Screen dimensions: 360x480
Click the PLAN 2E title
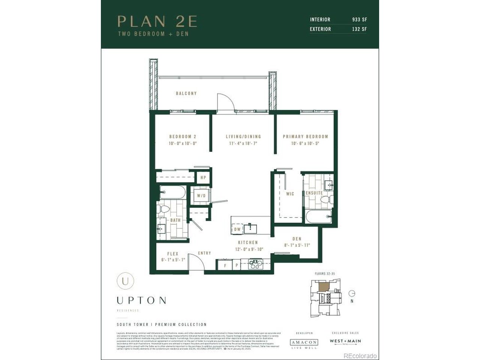click(x=157, y=21)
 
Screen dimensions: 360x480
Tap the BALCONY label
click(x=186, y=93)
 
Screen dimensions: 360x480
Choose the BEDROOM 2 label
click(x=183, y=136)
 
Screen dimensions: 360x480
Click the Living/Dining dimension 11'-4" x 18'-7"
click(x=243, y=143)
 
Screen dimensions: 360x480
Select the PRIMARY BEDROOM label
click(x=305, y=136)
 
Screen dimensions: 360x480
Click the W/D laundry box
click(x=201, y=196)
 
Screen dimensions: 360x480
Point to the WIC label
click(x=290, y=194)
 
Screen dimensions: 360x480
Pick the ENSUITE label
click(x=314, y=193)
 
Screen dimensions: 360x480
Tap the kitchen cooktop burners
click(x=256, y=264)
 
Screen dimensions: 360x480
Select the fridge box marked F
click(x=225, y=265)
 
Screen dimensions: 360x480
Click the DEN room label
click(x=297, y=239)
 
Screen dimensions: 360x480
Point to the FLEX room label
click(x=172, y=254)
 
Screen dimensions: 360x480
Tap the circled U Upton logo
click(x=125, y=281)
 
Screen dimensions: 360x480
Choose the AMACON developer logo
click(x=304, y=342)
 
